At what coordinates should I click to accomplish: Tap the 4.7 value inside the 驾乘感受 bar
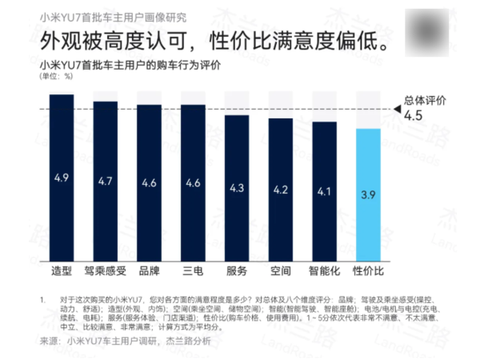[105, 181]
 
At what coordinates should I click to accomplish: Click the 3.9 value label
[367, 194]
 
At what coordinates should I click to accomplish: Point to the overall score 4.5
[414, 116]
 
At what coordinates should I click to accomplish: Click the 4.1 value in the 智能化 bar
[323, 192]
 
